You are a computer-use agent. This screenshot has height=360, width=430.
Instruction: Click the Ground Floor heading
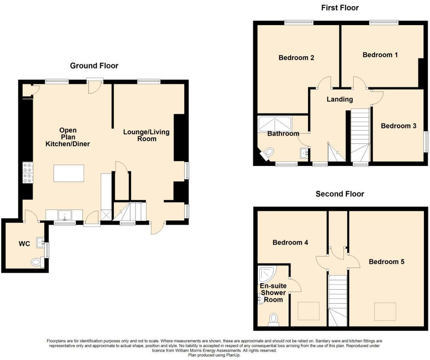click(94, 66)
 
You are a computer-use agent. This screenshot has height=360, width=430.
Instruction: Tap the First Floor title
click(340, 8)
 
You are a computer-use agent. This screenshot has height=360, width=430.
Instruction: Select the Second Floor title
click(340, 194)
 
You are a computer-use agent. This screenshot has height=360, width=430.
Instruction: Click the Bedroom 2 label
click(296, 58)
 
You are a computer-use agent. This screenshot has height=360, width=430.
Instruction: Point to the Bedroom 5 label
click(387, 262)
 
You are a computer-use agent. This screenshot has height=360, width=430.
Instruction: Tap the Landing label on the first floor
click(340, 99)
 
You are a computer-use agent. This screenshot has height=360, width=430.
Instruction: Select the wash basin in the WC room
click(41, 242)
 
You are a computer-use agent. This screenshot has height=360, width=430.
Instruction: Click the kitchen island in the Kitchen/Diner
click(69, 173)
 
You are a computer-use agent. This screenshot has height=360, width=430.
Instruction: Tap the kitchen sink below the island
click(65, 215)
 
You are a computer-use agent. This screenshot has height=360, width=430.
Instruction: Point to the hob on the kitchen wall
click(28, 173)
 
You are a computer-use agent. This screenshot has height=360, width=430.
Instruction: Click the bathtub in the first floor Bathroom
click(275, 124)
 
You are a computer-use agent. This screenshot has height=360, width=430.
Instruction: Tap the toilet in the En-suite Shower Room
click(273, 320)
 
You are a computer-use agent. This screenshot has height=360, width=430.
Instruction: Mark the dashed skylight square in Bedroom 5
click(385, 312)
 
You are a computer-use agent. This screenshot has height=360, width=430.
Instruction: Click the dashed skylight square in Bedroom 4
click(309, 311)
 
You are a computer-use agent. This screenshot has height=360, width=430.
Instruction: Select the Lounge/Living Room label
click(146, 136)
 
